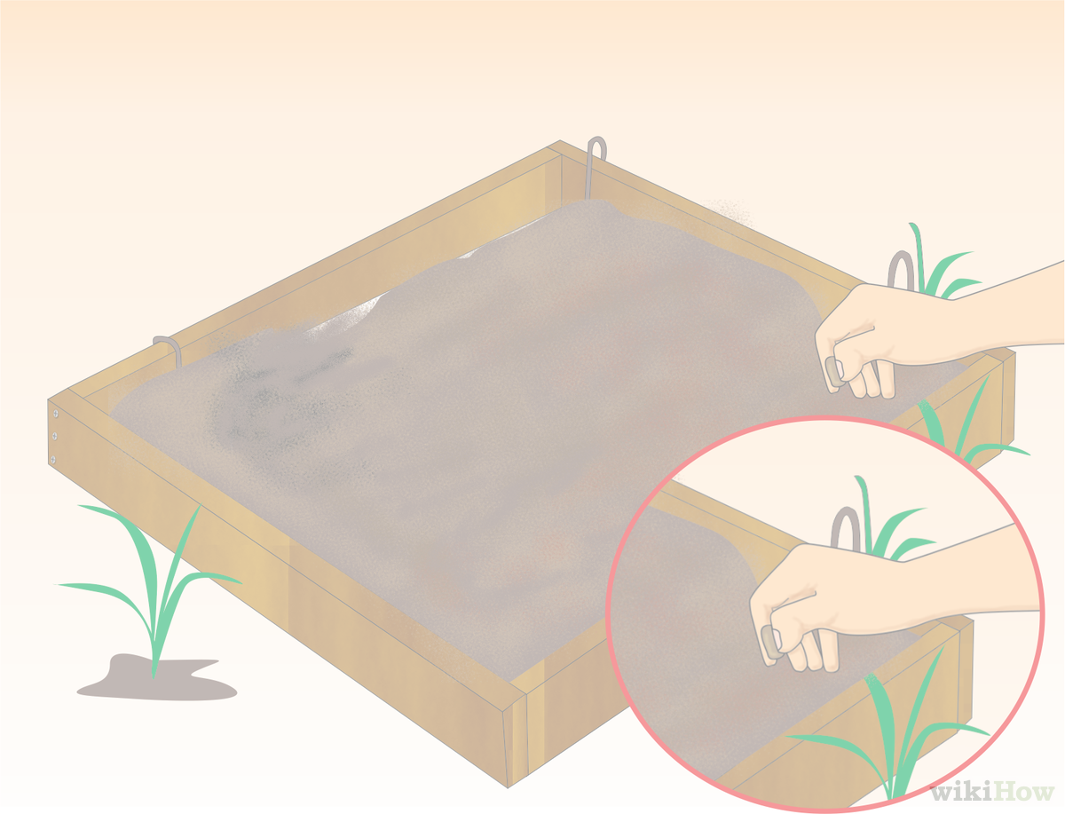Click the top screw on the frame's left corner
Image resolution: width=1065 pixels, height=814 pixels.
pos(56,414)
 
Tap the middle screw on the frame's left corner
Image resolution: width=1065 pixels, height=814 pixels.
pos(55,436)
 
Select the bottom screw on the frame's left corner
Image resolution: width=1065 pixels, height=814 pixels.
pos(53,459)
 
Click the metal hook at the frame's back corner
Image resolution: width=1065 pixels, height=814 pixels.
pos(596,165)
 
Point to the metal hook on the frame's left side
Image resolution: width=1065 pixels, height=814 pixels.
pos(169,348)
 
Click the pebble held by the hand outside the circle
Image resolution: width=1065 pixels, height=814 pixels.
pos(835,373)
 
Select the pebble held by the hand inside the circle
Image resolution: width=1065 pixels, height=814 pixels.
pos(770,643)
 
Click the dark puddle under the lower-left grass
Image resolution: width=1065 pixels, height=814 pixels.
pos(156,678)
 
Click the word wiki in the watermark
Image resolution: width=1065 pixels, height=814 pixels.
pos(960,792)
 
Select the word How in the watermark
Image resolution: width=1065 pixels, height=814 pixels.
pos(1022,792)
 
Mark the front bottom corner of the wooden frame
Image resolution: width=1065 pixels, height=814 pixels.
pos(508,786)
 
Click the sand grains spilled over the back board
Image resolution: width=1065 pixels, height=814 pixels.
pos(728,212)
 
